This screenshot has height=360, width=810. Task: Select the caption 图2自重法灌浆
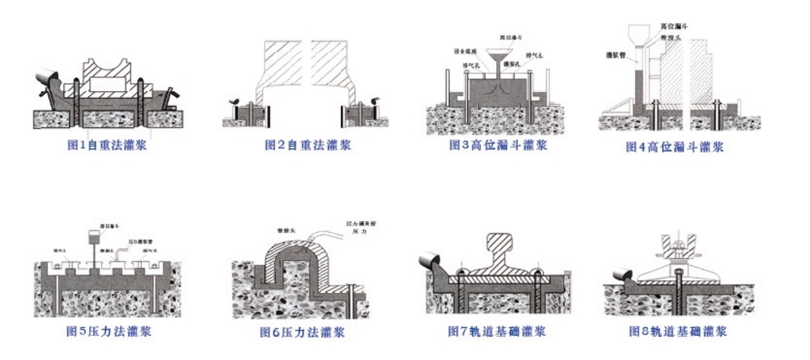coord(308,146)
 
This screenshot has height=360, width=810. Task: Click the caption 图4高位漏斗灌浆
coord(675,147)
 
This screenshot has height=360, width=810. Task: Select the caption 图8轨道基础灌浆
coord(678,332)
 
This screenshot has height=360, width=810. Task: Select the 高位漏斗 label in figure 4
coord(674,27)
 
